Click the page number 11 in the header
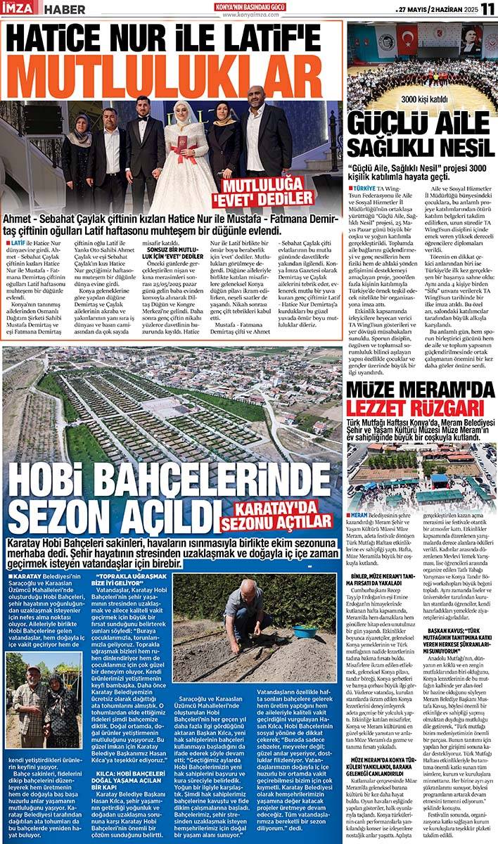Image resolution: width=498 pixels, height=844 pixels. tap(487, 8)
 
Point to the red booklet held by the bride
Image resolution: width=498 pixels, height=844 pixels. tap(183, 144)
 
